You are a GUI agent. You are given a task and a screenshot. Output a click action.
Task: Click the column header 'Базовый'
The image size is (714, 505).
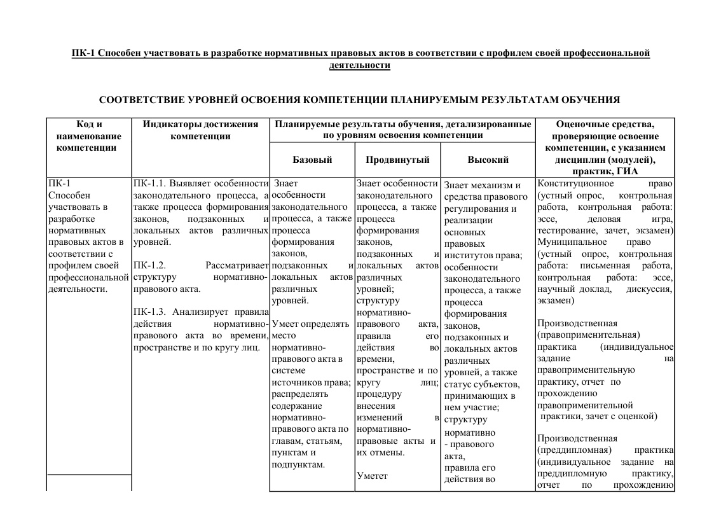coord(312,160)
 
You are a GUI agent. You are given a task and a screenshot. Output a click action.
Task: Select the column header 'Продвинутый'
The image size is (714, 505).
coord(398,160)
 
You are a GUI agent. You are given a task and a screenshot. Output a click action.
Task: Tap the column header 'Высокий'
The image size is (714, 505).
coord(488,160)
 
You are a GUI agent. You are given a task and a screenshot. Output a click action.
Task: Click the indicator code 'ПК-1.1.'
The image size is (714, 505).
coord(149,184)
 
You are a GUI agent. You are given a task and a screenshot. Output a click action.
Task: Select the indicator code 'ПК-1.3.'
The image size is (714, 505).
coord(151,312)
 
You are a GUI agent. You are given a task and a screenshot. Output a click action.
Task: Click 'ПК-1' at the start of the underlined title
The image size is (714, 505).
coord(83,53)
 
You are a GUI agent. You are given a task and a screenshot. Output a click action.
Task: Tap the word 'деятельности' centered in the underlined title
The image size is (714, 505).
coord(360,65)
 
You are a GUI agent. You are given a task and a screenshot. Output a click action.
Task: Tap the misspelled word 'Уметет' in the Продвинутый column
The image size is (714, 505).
coord(372,475)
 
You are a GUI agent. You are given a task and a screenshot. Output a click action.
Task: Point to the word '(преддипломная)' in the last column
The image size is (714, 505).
coord(574,450)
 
